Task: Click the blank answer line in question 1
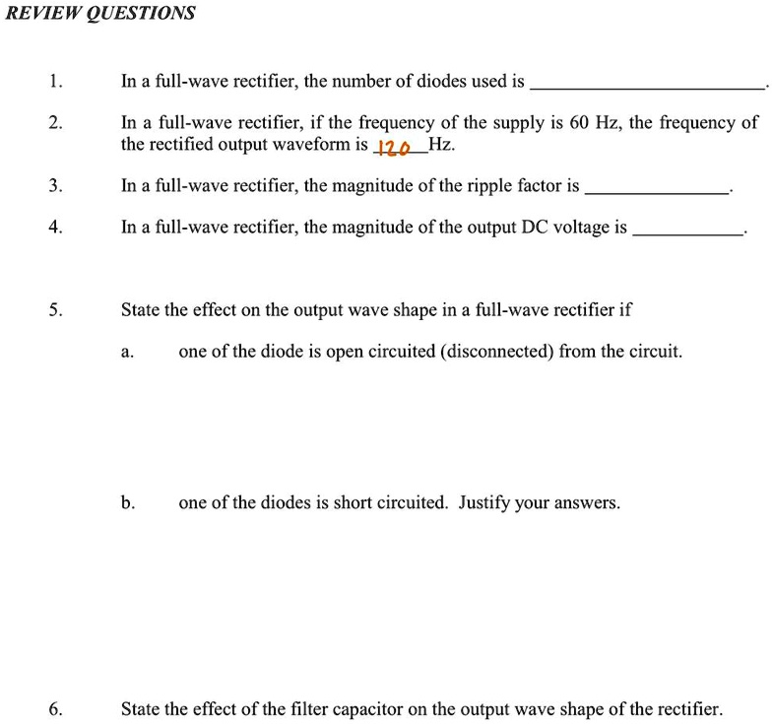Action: click(648, 89)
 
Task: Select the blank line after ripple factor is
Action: click(656, 192)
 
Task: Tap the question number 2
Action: click(55, 123)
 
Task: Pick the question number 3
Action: click(55, 185)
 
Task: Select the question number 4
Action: click(55, 228)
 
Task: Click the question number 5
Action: click(55, 310)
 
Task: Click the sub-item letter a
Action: click(127, 353)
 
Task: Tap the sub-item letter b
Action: click(127, 503)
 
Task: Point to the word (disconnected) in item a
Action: click(502, 352)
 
